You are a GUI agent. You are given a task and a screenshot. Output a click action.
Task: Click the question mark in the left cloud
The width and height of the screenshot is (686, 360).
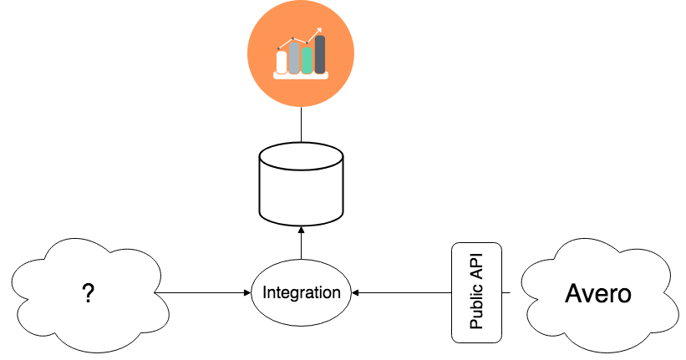88,293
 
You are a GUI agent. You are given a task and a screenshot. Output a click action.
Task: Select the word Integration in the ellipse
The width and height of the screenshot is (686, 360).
302,292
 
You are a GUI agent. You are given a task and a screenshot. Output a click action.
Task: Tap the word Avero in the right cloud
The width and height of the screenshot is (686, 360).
598,293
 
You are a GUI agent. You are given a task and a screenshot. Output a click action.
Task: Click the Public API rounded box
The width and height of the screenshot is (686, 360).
476,292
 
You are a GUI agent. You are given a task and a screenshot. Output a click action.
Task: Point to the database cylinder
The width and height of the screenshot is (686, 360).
301,184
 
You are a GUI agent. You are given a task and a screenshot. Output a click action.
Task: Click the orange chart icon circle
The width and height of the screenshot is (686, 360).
301,53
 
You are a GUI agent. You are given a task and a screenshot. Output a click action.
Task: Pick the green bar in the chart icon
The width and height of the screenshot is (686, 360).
307,60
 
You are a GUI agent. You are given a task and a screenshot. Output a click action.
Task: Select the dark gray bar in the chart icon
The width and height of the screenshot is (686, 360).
320,54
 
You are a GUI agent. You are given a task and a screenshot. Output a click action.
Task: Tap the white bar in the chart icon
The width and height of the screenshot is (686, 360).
282,63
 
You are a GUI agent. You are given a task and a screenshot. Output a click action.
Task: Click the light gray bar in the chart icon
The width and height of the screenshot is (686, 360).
294,58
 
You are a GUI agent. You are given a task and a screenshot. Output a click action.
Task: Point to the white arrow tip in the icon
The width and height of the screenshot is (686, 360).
319,30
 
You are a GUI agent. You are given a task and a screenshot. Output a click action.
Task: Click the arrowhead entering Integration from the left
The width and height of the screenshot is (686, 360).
248,292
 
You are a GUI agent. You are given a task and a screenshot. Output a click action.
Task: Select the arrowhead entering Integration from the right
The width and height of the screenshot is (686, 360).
355,292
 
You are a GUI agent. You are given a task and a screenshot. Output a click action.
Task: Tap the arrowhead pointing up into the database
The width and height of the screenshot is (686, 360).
301,230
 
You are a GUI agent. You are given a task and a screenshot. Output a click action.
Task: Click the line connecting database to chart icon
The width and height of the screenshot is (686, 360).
301,124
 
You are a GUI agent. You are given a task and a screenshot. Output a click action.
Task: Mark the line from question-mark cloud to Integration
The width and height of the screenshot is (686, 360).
202,292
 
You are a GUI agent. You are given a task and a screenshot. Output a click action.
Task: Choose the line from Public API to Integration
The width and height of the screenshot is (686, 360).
402,292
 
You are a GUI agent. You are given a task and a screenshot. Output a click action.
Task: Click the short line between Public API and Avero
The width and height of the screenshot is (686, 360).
506,292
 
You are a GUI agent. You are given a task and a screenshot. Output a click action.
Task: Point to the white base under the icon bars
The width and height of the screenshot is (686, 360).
301,76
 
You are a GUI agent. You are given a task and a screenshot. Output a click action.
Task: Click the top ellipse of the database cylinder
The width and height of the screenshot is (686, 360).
301,156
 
